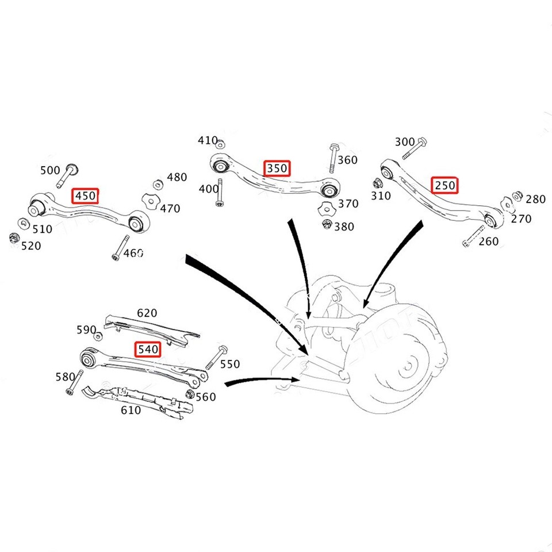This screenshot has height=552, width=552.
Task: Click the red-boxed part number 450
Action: pos(86,196)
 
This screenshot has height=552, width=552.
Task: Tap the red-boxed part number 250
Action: pos(445,185)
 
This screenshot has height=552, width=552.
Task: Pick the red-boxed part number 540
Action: pos(148,349)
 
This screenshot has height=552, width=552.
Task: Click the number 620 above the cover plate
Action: pos(147,313)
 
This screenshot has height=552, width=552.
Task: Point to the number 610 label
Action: pos(131,410)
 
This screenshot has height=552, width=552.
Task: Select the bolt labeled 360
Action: pos(333,158)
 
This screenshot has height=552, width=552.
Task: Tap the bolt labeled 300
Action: pos(413,148)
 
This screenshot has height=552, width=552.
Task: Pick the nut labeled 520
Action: pos(13,238)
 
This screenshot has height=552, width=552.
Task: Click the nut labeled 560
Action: pos(190,394)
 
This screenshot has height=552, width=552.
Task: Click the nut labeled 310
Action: pos(378,185)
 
